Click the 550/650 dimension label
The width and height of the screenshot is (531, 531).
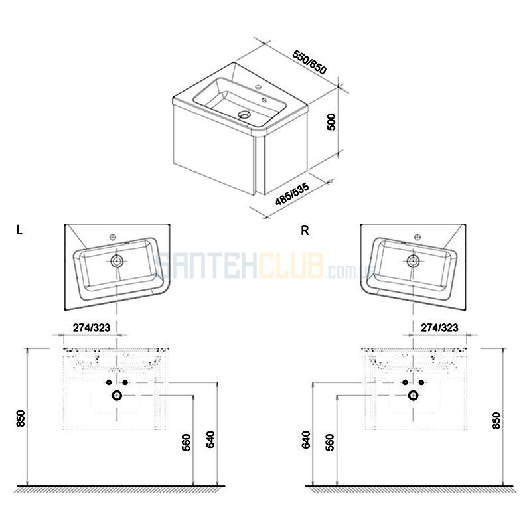point(309,63)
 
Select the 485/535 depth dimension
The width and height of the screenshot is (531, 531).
point(292,194)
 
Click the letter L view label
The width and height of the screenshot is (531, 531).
point(20,230)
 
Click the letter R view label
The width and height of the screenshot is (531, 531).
point(305,230)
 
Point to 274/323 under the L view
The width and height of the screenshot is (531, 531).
point(92,327)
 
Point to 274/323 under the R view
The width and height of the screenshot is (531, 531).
point(439,327)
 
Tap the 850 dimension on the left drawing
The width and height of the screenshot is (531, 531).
point(21,419)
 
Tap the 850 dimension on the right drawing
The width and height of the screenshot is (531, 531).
point(496,421)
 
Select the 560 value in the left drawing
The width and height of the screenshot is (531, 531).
point(187,443)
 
